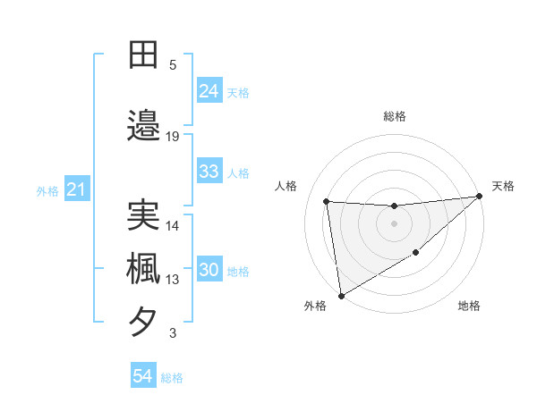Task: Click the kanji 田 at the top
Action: tap(144, 55)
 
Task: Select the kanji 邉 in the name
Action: tap(144, 125)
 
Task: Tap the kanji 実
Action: tap(144, 215)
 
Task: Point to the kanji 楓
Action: tap(144, 269)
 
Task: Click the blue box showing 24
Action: tap(209, 90)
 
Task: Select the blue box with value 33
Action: tap(209, 172)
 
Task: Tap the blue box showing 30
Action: tap(209, 271)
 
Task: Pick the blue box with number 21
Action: tap(76, 189)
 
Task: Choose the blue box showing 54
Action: tap(142, 377)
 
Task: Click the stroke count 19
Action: tap(173, 136)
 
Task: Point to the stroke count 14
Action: tap(173, 226)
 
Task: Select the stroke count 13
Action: tap(173, 280)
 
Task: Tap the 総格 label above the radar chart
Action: tap(395, 116)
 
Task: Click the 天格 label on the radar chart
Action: tap(503, 186)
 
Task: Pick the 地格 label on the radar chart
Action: tap(469, 306)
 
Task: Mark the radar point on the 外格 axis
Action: tap(340, 295)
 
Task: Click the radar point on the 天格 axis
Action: tap(480, 197)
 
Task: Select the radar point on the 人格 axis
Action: tap(327, 201)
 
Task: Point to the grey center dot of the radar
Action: tap(394, 223)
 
